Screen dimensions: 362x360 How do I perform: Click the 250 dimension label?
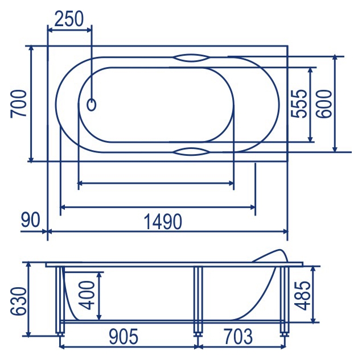click(x=68, y=19)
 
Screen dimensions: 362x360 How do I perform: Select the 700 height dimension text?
click(x=18, y=104)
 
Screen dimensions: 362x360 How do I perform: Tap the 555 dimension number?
click(x=299, y=104)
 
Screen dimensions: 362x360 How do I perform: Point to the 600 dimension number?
click(x=324, y=104)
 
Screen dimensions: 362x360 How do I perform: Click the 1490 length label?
click(x=163, y=221)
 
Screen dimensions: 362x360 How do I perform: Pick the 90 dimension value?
click(x=31, y=220)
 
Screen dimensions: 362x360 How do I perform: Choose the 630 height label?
click(x=19, y=301)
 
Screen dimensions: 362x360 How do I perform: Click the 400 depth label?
click(x=87, y=295)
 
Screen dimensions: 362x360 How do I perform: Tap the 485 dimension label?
click(x=303, y=296)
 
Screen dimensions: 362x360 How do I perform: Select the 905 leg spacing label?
click(x=124, y=337)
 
